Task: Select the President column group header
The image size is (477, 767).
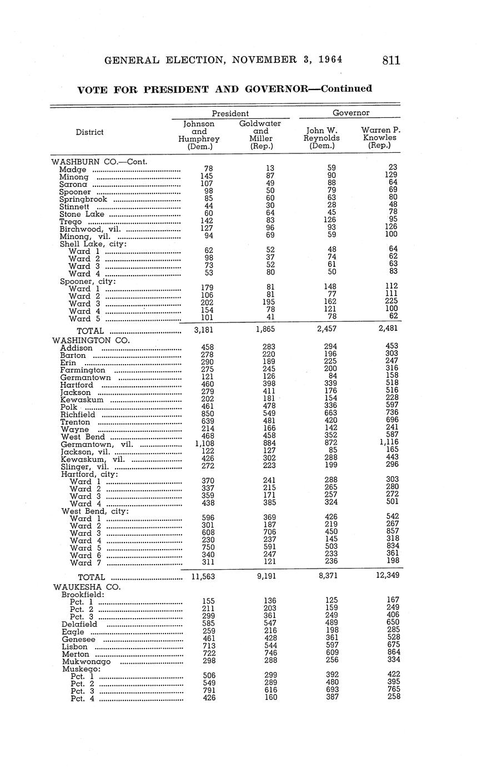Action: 230,113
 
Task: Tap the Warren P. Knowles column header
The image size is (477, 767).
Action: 380,137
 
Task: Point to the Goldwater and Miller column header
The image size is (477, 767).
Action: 260,135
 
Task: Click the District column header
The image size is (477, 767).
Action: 90,132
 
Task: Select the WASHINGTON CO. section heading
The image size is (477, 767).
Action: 91,340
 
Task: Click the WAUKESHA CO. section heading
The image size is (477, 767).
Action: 87,586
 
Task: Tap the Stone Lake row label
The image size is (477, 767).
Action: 83,214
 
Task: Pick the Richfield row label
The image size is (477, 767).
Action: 78,415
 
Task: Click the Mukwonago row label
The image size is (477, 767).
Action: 86,661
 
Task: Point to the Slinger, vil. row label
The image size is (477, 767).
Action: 85,467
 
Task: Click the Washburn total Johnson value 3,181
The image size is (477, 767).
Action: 203,330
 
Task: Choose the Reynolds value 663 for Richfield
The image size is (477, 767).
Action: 331,414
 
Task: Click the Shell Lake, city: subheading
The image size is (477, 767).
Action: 93,244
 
